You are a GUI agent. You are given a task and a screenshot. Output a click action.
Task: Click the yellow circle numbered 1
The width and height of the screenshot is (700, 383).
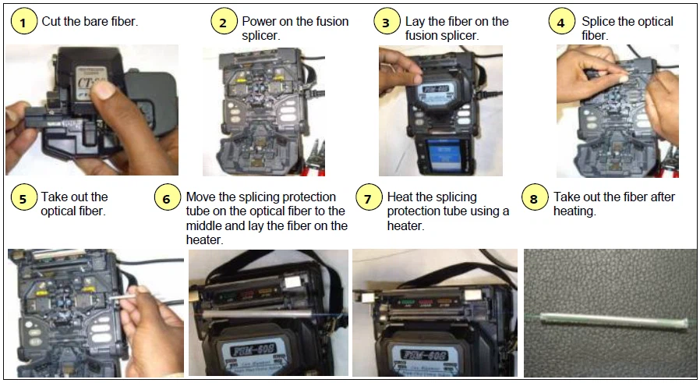(23, 22)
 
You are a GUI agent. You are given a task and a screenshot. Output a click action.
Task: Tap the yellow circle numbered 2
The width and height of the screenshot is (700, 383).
(224, 22)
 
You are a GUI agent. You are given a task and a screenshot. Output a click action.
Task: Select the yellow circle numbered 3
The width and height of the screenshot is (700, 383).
(386, 22)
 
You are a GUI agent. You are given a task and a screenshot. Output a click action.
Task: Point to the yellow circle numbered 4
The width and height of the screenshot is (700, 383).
(560, 22)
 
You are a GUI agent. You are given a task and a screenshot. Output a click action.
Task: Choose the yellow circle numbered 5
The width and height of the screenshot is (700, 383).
(23, 198)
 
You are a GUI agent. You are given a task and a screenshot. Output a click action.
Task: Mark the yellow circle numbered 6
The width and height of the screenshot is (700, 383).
(167, 198)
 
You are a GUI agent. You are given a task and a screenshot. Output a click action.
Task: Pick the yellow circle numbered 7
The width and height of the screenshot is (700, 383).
(369, 198)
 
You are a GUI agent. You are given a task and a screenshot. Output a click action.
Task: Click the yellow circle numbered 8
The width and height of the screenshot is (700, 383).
(534, 198)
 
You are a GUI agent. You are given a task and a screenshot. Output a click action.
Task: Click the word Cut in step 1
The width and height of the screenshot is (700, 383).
(51, 21)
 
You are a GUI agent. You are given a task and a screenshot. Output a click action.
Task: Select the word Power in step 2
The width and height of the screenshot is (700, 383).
(260, 21)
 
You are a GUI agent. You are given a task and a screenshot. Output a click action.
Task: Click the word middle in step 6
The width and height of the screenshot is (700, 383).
(205, 226)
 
